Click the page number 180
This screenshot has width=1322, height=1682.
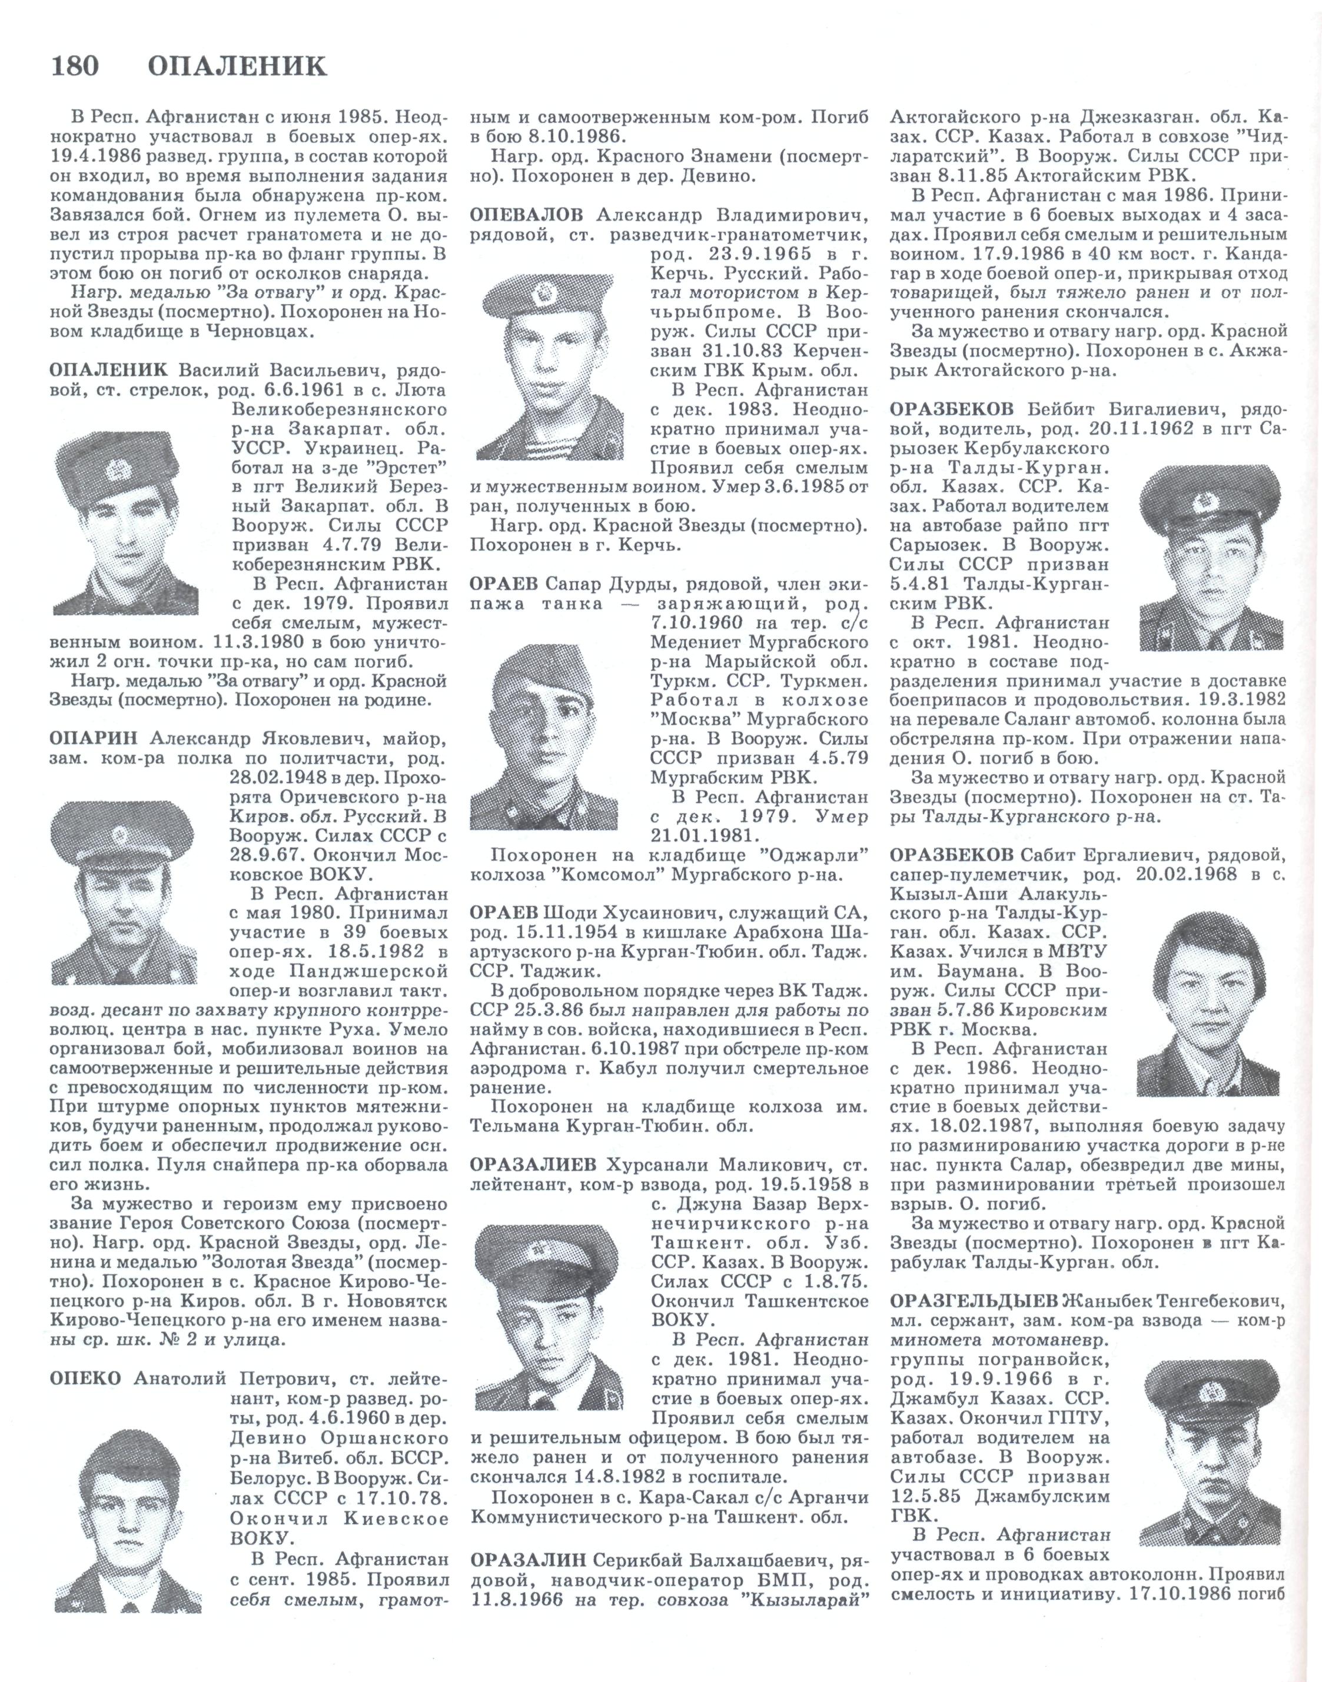(x=75, y=66)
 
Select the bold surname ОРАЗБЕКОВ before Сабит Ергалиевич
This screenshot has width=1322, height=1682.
(x=951, y=855)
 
